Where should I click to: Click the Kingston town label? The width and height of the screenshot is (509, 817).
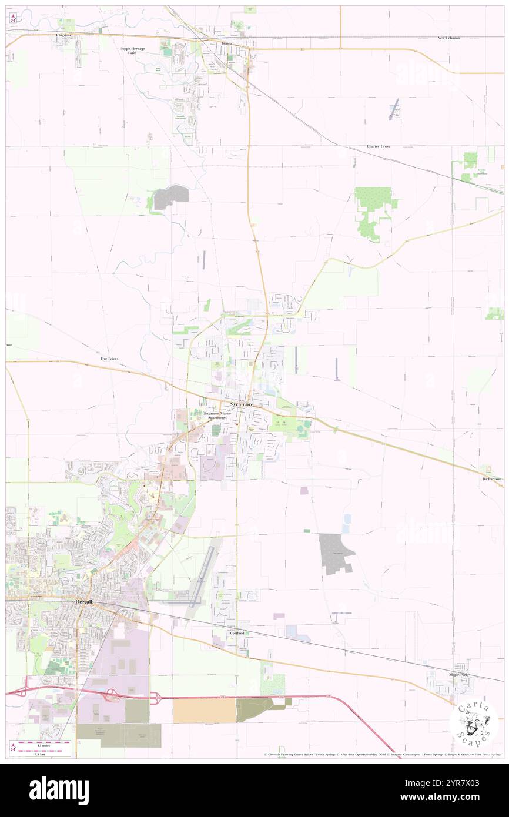click(63, 35)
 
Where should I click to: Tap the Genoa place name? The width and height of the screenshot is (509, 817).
click(227, 43)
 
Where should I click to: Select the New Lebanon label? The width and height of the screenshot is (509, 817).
click(448, 38)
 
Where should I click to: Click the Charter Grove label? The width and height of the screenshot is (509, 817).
click(379, 146)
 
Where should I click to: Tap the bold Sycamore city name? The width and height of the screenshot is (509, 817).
click(242, 405)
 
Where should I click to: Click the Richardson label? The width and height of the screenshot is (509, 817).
click(490, 479)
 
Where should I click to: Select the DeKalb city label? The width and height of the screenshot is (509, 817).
click(85, 601)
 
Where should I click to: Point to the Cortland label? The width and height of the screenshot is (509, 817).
click(237, 633)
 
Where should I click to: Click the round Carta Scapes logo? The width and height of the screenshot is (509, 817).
click(474, 722)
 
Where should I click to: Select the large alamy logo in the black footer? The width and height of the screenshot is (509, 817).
click(59, 789)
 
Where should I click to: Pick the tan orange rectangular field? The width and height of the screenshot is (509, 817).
click(204, 711)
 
